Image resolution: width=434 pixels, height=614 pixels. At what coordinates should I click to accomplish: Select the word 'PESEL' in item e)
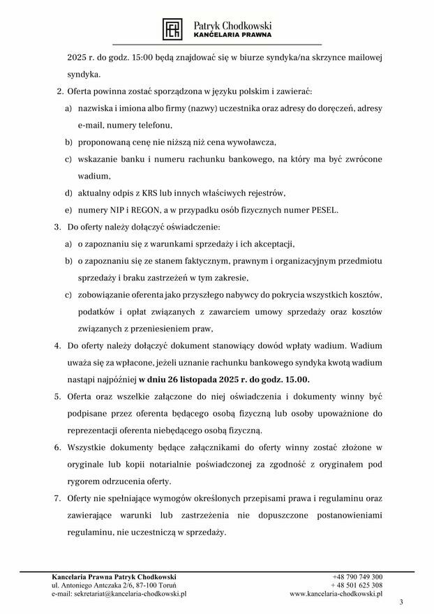coord(321,209)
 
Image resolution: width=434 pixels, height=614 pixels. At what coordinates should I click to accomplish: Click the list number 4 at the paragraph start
coord(57,345)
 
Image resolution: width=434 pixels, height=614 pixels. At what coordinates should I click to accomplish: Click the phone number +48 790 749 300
coord(357,577)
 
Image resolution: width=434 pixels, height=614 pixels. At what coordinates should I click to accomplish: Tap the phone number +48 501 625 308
coord(357,585)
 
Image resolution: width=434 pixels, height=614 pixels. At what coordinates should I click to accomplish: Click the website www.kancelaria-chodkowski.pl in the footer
coord(336,594)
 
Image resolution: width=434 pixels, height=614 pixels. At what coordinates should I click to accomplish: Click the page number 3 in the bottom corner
coord(401,602)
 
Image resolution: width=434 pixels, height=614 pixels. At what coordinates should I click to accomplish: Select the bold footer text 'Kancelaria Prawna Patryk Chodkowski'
coord(114,577)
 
